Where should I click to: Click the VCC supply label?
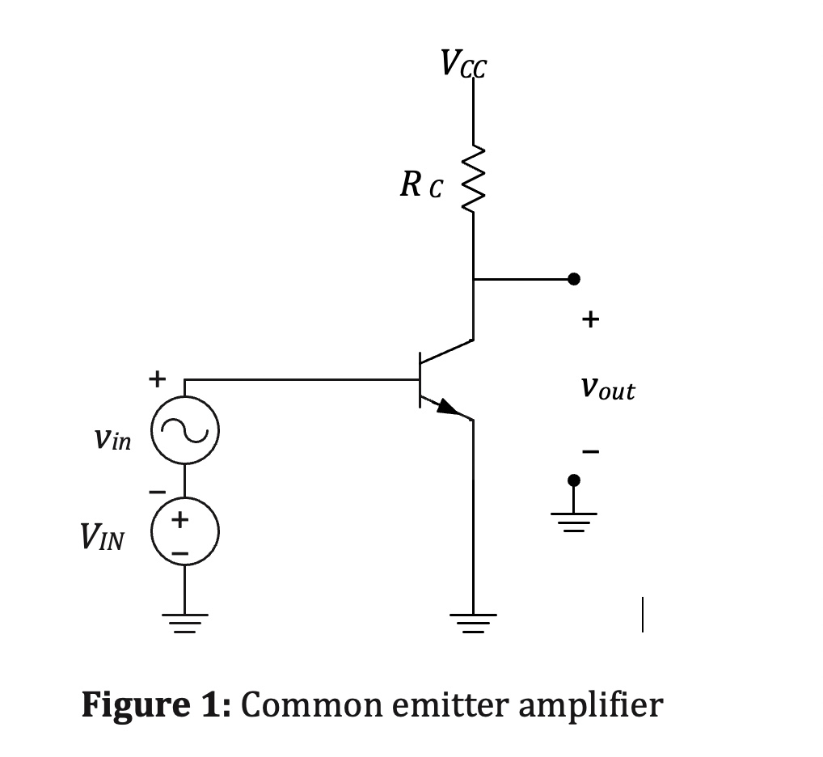463,63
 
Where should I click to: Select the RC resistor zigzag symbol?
473,180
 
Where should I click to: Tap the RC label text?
420,186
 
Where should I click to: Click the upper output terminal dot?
573,279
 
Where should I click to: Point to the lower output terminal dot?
573,480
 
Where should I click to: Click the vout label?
607,390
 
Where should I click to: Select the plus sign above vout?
590,320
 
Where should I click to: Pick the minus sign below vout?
591,450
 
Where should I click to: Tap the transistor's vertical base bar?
420,379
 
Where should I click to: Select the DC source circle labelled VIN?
184,531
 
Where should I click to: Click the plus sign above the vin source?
156,378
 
